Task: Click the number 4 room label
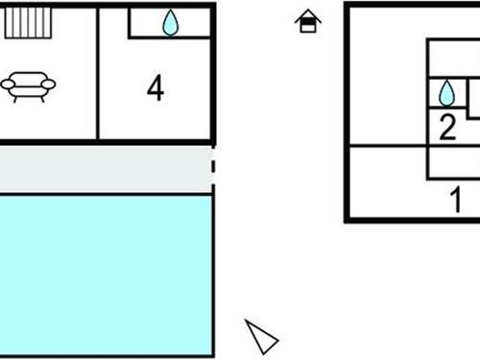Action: [156, 88]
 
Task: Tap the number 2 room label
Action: [447, 128]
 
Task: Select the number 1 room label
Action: [457, 201]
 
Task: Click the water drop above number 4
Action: [170, 23]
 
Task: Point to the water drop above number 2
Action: [446, 92]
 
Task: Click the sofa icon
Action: [28, 86]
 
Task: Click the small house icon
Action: [307, 22]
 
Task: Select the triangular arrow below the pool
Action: [260, 336]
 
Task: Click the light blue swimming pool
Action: [106, 274]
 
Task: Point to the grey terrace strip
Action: [106, 169]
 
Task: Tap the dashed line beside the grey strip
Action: [214, 169]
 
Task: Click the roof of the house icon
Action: [307, 15]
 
